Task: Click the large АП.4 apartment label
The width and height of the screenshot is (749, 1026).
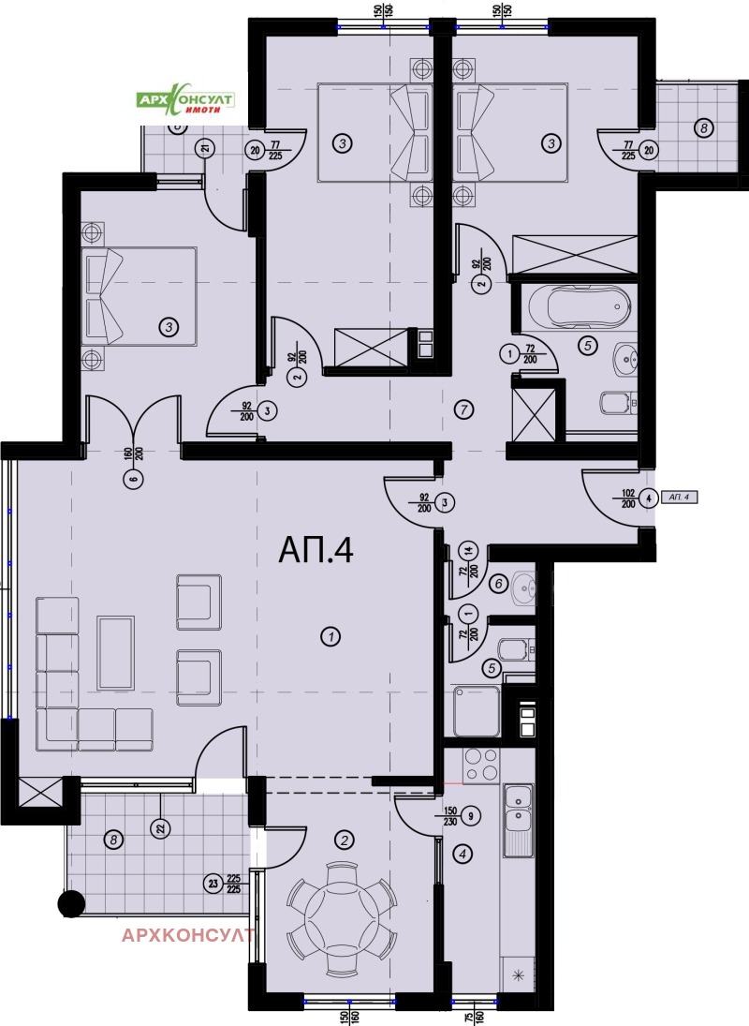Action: [316, 551]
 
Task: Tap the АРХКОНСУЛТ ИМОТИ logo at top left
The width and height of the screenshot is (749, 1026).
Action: [185, 103]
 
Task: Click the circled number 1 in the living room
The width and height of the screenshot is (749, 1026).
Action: [329, 637]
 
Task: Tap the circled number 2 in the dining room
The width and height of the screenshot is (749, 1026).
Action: [345, 840]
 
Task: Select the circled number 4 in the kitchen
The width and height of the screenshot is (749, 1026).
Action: [463, 854]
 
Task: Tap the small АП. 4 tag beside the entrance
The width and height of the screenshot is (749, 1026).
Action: [681, 497]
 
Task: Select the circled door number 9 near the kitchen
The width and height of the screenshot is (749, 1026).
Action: [471, 815]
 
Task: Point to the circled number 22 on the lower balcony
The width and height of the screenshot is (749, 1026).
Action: [161, 827]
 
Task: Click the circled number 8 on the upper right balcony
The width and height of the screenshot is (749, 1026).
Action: [703, 127]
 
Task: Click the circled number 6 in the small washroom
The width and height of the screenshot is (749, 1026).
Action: [499, 584]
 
